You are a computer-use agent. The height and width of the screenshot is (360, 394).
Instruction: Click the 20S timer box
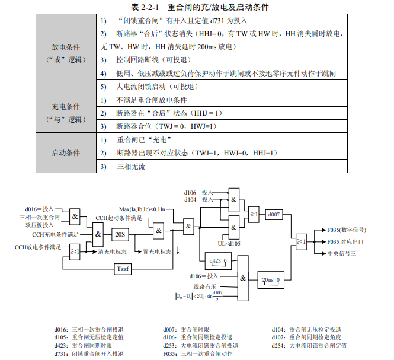pyautogui.click(x=120, y=234)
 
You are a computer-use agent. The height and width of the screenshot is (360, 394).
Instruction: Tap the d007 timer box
pyautogui.click(x=274, y=214)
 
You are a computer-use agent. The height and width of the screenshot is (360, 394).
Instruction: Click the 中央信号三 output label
pyautogui.click(x=342, y=253)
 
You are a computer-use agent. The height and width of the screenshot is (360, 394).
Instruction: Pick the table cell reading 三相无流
pyautogui.click(x=132, y=167)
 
